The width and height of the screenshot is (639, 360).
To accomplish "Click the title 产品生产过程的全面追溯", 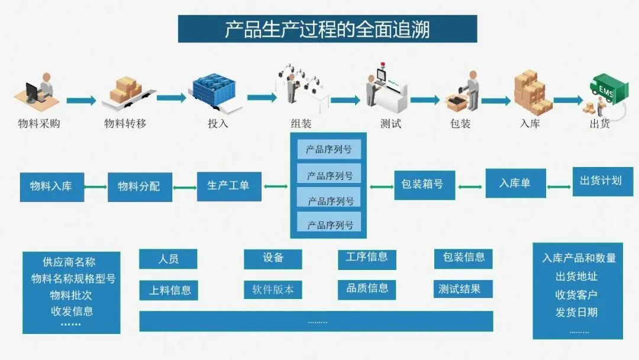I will (x=327, y=29).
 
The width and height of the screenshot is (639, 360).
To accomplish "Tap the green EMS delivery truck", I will (x=605, y=89).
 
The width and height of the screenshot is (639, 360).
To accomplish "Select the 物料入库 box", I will (x=51, y=186).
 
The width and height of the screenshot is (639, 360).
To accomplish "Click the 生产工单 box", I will (x=228, y=185).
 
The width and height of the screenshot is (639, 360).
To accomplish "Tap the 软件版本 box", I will (x=273, y=290).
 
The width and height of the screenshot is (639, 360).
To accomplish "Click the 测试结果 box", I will (x=463, y=289).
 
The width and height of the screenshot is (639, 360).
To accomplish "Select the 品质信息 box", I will (x=367, y=288).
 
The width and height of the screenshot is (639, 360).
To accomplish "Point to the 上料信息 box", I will (x=169, y=290).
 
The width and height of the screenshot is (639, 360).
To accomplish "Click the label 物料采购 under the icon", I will (x=39, y=124).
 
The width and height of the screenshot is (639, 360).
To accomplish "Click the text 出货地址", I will (x=576, y=276).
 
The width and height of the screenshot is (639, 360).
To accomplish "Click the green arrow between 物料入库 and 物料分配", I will (x=95, y=187).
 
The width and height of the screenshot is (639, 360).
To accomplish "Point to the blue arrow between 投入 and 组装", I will (x=262, y=97).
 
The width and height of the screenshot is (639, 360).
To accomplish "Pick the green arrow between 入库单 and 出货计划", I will (x=559, y=187).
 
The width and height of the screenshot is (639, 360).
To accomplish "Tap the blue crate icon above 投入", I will (x=216, y=92).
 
